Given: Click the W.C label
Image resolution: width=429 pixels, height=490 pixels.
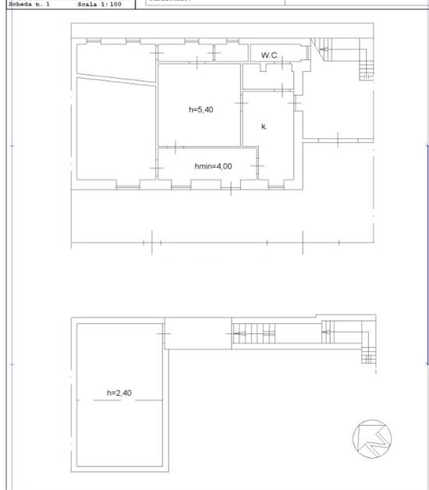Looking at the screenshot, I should tap(270, 55).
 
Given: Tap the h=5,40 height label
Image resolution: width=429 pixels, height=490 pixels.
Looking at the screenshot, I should tap(201, 110).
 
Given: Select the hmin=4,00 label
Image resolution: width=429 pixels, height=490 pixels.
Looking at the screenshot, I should tap(213, 166).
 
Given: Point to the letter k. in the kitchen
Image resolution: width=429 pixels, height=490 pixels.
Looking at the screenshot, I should tap(264, 126).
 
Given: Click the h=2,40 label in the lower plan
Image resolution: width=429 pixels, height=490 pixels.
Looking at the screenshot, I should tap(119, 393).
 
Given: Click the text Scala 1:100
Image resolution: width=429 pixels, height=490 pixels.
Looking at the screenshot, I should tap(99, 4).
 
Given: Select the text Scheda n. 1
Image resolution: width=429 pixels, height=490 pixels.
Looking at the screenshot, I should tap(29, 4).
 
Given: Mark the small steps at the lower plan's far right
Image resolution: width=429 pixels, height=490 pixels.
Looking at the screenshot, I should tap(369, 356).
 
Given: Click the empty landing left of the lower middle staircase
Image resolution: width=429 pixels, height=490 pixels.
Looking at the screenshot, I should tap(198, 333).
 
